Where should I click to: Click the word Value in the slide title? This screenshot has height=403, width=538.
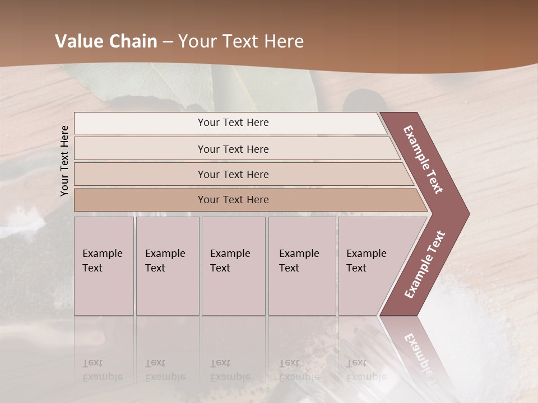76,41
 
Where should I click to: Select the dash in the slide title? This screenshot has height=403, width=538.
168,41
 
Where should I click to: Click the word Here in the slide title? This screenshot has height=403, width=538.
282,41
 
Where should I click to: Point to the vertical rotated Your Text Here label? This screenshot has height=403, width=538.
64,161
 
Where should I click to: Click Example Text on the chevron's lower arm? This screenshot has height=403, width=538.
425,264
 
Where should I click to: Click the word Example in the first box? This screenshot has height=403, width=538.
102,254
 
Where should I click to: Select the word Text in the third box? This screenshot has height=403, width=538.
220,268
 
